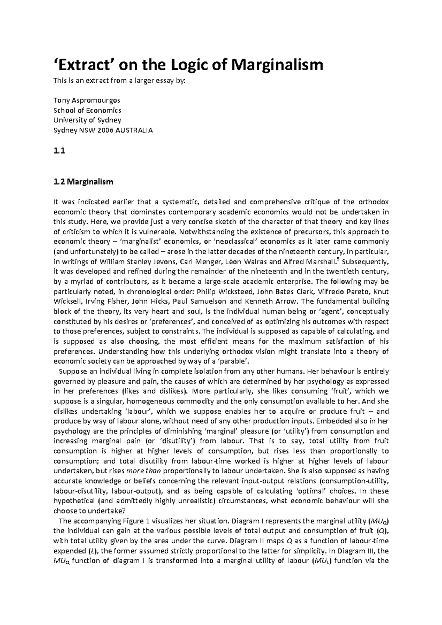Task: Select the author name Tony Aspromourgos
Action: point(87,100)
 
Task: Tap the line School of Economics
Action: point(87,110)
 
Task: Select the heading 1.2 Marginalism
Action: point(84,181)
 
